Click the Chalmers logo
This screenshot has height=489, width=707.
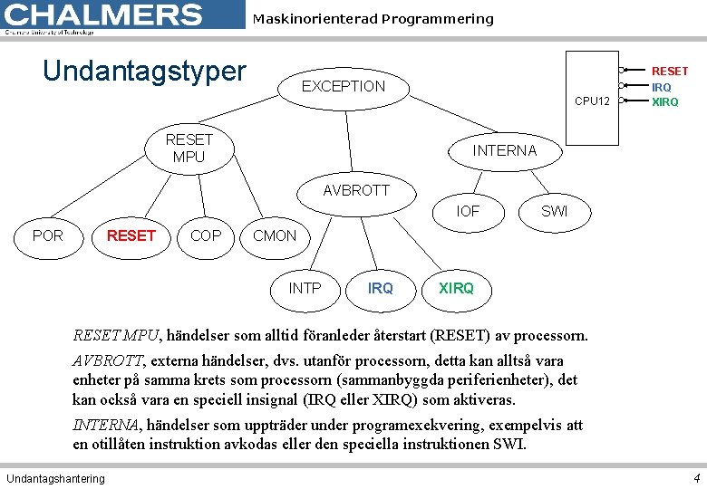(x=103, y=16)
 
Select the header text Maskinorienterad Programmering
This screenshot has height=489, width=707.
(x=373, y=19)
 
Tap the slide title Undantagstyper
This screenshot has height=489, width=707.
(x=145, y=71)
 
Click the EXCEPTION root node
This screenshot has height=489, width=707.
(x=344, y=87)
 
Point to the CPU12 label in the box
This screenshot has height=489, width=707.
(x=593, y=101)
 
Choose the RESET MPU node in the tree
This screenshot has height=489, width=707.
(x=189, y=149)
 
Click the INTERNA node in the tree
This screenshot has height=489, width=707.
(x=505, y=150)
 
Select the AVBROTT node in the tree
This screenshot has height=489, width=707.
(x=356, y=190)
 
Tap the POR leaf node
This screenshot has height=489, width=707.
(x=48, y=235)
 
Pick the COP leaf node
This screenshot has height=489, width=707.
(x=206, y=235)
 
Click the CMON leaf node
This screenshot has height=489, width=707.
(x=275, y=235)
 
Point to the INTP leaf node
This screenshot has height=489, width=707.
(x=305, y=288)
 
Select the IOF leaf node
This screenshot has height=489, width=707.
(x=468, y=211)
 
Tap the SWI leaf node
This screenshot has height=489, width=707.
(x=554, y=211)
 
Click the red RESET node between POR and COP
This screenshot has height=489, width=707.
(x=131, y=235)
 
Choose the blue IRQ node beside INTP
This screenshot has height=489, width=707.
(x=381, y=288)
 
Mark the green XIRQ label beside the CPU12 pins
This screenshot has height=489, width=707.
(x=665, y=101)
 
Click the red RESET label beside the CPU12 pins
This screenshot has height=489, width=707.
(x=670, y=71)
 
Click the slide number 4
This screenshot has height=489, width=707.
(x=695, y=477)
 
